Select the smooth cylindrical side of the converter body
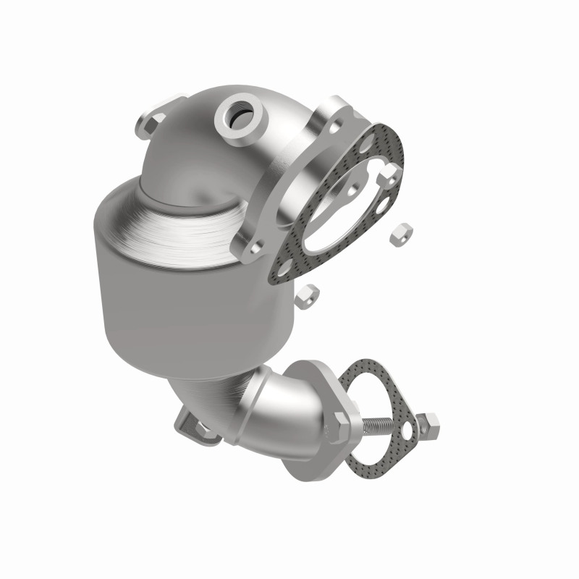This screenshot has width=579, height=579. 166,304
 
